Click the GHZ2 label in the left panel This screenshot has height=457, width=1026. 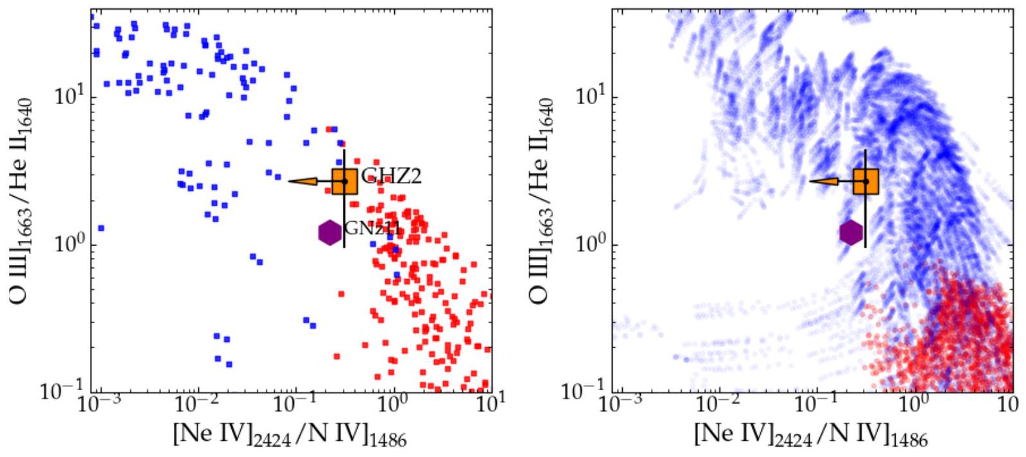[x=392, y=175]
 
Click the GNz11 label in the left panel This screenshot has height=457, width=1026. [x=373, y=228]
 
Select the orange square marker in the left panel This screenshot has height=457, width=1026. [x=344, y=181]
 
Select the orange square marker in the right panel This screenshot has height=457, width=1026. [x=865, y=181]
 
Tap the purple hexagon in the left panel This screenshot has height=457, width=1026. [x=330, y=233]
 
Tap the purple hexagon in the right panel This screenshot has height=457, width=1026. [x=851, y=233]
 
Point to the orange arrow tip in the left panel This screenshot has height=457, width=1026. [x=290, y=181]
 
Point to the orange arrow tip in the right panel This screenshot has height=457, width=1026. [x=811, y=181]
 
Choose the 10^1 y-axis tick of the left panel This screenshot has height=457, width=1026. [x=66, y=98]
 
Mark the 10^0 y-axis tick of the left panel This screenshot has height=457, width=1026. [x=66, y=245]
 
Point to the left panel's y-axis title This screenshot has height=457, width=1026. [x=22, y=201]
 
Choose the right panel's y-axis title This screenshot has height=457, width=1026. [x=543, y=201]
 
